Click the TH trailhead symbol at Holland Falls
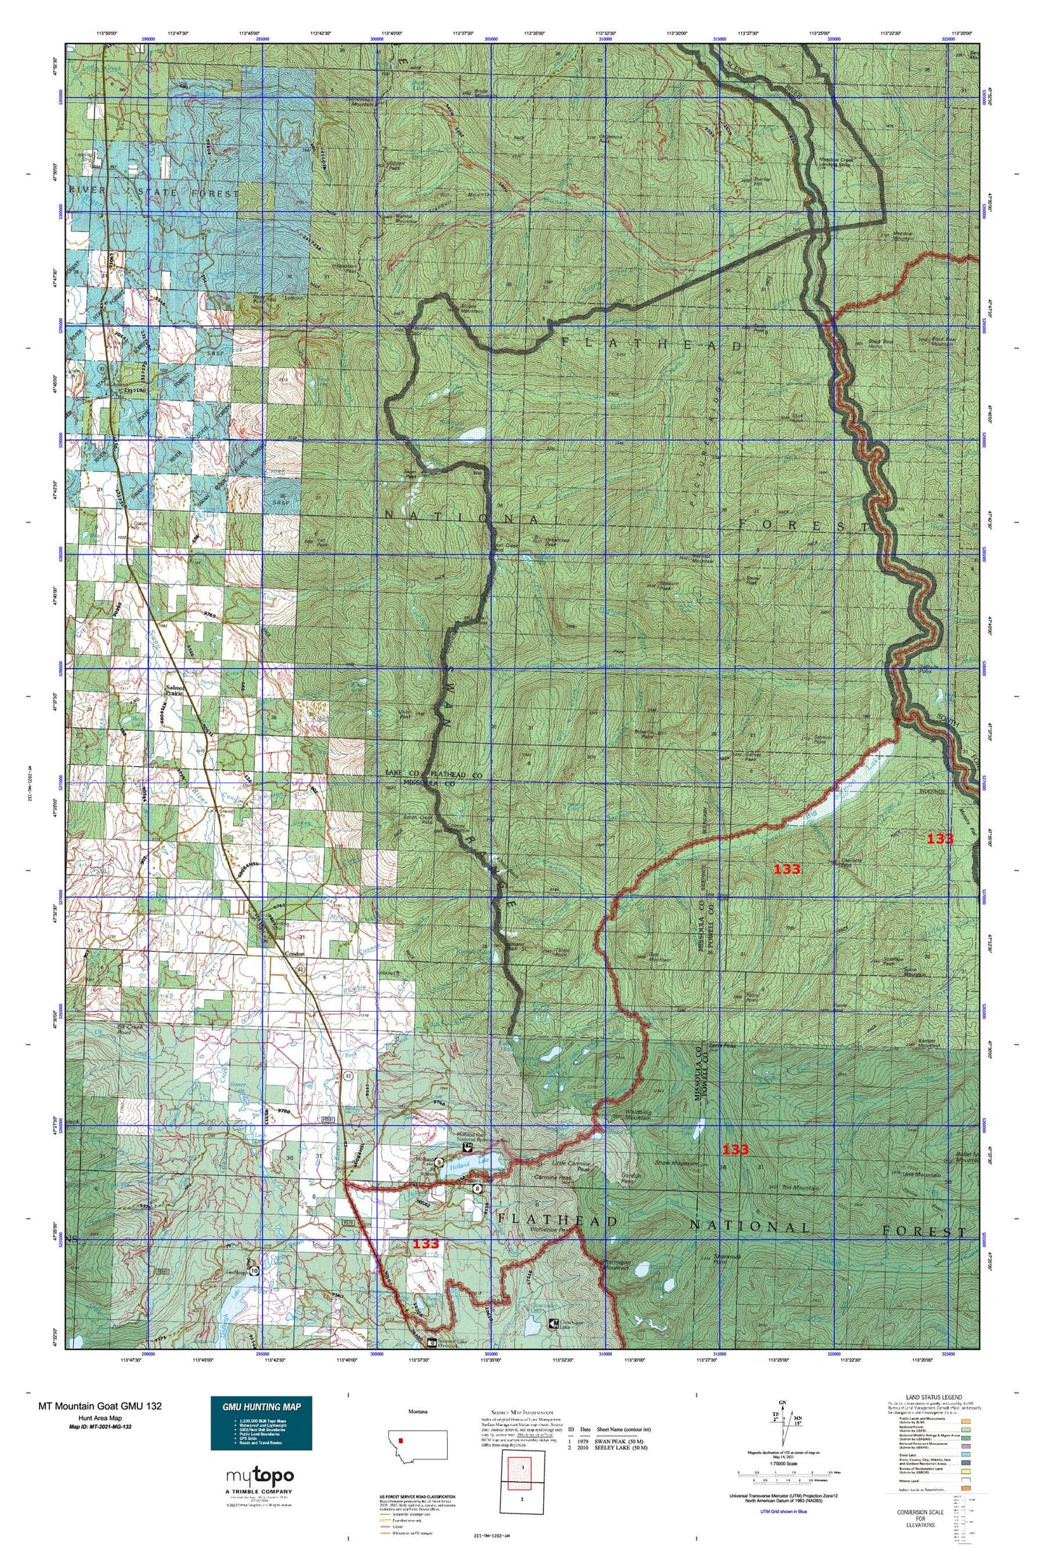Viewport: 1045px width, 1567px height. coord(469,1167)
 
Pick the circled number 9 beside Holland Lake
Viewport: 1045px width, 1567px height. coord(439,1182)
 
